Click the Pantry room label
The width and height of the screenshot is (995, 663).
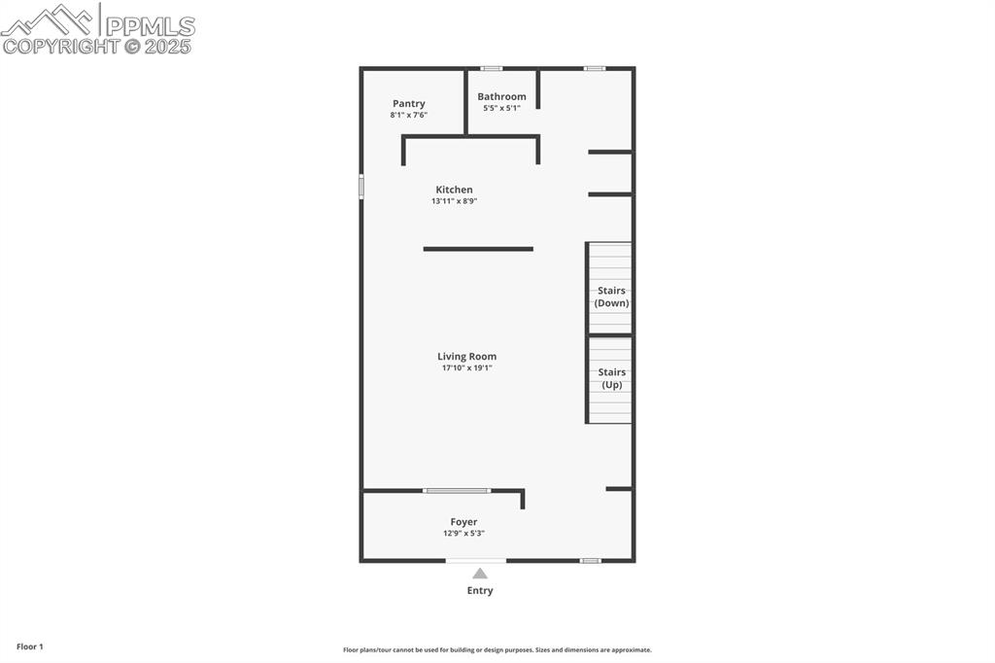click(409, 104)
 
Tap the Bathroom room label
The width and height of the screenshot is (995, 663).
click(501, 97)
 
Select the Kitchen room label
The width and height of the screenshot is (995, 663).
click(454, 190)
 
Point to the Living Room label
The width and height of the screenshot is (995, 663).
click(466, 357)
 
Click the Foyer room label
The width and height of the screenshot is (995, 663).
click(463, 522)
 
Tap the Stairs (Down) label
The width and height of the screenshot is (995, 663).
click(611, 297)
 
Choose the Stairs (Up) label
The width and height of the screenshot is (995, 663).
click(611, 378)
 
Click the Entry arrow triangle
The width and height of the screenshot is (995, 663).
click(480, 574)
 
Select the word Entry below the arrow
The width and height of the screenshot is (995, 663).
click(480, 590)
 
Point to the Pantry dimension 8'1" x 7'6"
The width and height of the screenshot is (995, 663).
click(409, 115)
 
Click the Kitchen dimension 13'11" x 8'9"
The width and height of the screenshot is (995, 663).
click(454, 201)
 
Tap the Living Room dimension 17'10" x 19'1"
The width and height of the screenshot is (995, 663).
click(466, 368)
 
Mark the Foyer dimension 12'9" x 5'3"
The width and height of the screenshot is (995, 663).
click(463, 533)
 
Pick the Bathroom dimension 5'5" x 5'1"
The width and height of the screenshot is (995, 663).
click(501, 108)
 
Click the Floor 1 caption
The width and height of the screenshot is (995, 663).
click(30, 646)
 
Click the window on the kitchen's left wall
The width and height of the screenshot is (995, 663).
click(361, 186)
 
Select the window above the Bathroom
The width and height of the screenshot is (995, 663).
click(492, 68)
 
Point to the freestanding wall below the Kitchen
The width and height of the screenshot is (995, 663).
click(478, 249)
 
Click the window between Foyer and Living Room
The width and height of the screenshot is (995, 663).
click(457, 490)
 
